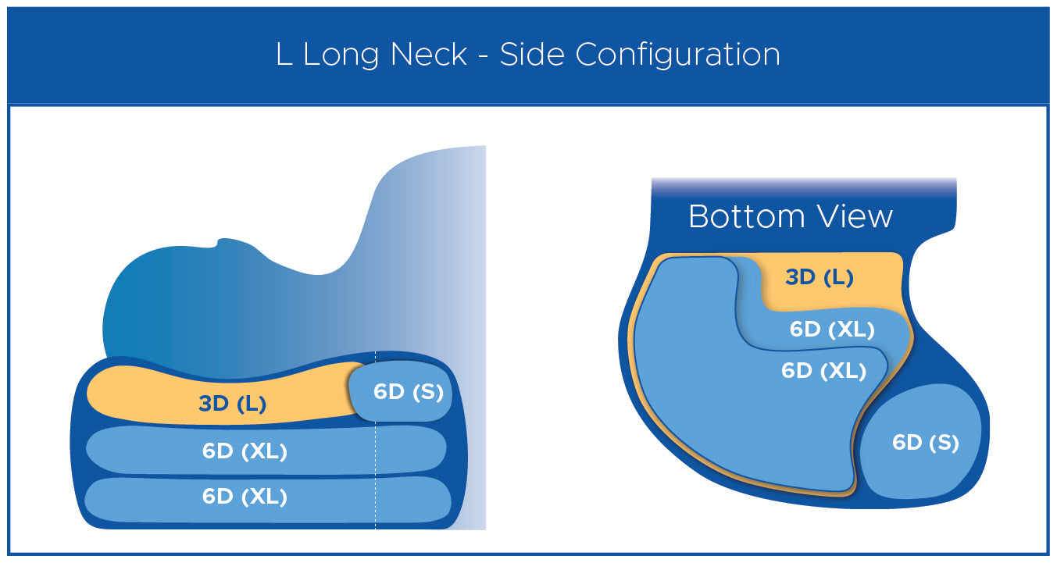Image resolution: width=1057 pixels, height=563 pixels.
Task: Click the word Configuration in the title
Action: (x=677, y=55)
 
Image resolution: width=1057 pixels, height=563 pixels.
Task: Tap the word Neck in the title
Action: (x=429, y=54)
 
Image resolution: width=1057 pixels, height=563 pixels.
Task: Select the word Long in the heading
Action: (x=341, y=55)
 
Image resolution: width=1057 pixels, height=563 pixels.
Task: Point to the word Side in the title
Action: (x=532, y=54)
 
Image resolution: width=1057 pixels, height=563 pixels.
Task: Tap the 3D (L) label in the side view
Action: (x=233, y=404)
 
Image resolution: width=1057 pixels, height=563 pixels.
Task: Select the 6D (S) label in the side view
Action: (x=409, y=392)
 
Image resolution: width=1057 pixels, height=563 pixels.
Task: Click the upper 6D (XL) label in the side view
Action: (x=245, y=451)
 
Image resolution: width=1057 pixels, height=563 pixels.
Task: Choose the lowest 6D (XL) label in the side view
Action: (x=245, y=497)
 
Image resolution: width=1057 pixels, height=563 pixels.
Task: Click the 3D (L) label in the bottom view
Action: (x=820, y=277)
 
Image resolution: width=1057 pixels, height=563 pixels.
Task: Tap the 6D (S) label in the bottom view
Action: (x=926, y=443)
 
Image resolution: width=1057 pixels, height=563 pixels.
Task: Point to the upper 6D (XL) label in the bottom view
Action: (x=832, y=330)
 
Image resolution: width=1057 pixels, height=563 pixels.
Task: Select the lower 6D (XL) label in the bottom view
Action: (x=824, y=371)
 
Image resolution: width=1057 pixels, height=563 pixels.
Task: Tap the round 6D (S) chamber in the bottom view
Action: (x=920, y=441)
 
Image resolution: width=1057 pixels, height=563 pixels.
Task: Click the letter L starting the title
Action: (x=284, y=54)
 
